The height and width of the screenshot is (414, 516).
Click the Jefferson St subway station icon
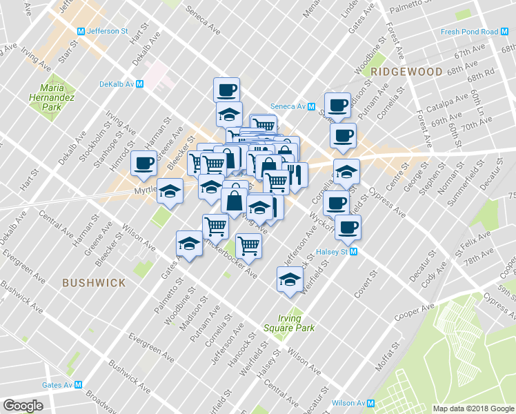click(81, 31)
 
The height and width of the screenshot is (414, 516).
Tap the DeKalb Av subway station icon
click(140, 83)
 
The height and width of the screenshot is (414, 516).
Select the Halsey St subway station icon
click(354, 252)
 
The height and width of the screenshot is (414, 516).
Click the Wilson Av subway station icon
click(370, 403)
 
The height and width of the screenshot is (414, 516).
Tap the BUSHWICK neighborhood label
click(93, 283)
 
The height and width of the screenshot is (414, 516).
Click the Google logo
click(23, 405)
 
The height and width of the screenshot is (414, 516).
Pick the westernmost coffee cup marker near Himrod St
click(143, 163)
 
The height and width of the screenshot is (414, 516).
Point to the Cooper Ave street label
click(414, 313)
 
